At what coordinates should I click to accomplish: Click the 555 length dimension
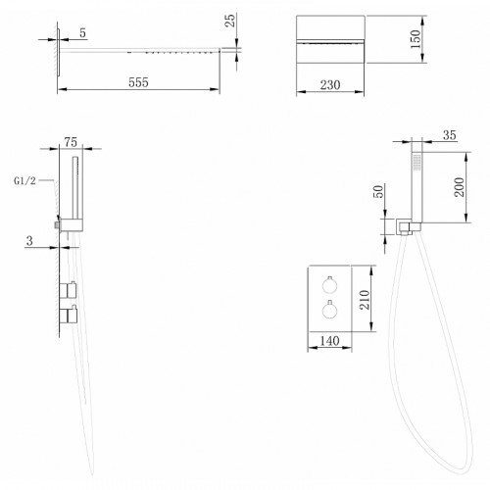pyautogui.click(x=138, y=82)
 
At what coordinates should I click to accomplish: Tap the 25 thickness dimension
pyautogui.click(x=230, y=21)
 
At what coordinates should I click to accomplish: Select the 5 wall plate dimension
pyautogui.click(x=82, y=32)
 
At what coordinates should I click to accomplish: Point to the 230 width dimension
pyautogui.click(x=330, y=85)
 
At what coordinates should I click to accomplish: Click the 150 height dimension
pyautogui.click(x=416, y=39)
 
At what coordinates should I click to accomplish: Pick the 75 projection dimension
pyautogui.click(x=71, y=142)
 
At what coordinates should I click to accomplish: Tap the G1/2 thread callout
pyautogui.click(x=24, y=180)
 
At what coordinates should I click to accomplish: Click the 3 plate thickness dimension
pyautogui.click(x=29, y=241)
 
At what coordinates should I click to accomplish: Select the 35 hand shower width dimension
pyautogui.click(x=450, y=135)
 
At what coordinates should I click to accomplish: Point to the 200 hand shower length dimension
pyautogui.click(x=459, y=187)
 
